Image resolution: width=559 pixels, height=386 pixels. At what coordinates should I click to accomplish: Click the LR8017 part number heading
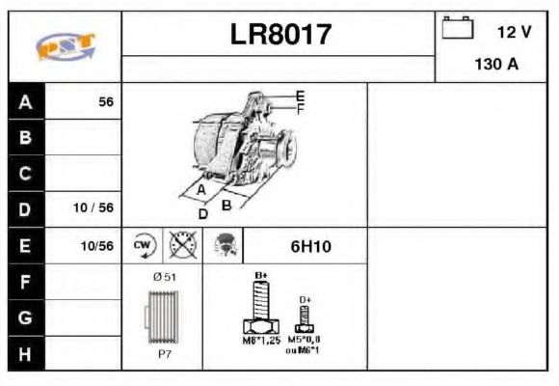280,36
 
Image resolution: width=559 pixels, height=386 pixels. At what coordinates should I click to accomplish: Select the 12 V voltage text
514,32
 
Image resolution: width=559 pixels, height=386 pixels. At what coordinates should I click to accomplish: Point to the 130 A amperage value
496,66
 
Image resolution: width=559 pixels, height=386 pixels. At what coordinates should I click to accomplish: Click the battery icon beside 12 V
458,29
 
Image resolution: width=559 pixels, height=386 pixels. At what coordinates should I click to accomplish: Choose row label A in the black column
25,101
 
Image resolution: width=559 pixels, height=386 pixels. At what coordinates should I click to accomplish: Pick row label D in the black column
25,208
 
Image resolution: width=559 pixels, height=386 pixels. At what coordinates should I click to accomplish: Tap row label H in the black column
25,352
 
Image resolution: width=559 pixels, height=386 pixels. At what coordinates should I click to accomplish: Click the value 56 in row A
105,101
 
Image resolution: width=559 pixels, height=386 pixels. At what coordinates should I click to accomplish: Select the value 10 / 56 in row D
93,208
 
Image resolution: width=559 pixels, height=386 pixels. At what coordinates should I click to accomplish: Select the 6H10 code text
310,246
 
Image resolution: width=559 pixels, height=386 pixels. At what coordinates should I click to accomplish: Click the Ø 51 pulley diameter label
164,278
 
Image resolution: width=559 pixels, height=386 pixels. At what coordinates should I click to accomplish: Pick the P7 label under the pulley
164,354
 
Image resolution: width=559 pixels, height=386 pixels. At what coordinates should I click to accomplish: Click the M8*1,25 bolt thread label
260,341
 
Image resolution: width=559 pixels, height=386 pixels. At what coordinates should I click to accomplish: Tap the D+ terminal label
306,300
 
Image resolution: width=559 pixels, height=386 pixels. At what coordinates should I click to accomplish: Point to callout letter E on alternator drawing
300,96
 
